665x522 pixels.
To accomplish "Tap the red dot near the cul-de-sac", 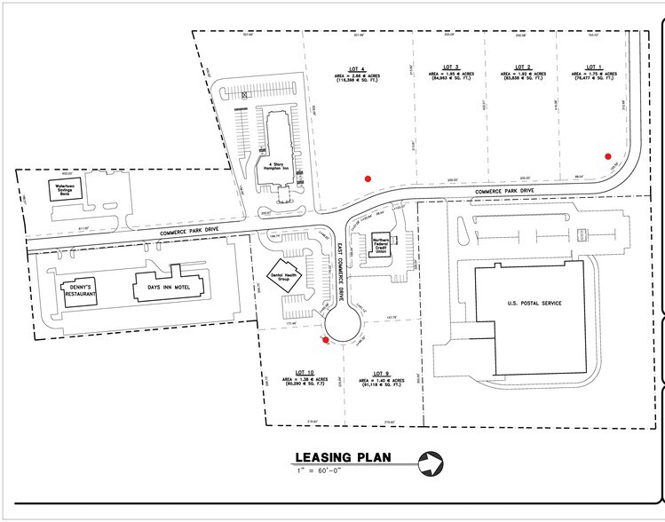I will pos(326,338).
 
